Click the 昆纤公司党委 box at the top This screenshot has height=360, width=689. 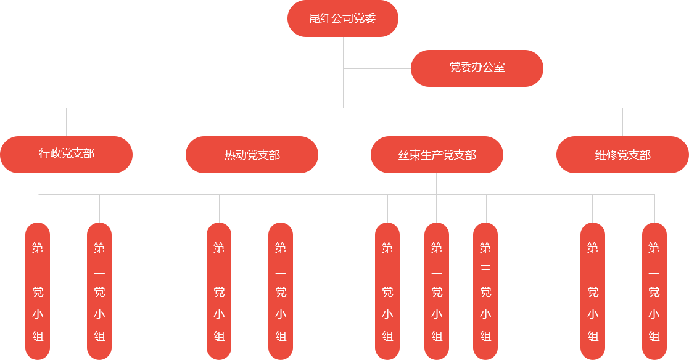point(342,18)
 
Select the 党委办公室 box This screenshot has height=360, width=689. point(477,68)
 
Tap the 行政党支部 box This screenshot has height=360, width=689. point(67,154)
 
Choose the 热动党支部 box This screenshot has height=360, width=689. point(252,154)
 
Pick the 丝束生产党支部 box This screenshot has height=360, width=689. point(437,154)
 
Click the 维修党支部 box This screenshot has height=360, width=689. point(622,154)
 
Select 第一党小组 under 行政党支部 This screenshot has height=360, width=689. point(38,290)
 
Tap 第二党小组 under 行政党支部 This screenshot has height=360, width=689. point(99,290)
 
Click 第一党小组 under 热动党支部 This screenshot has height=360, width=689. point(219,290)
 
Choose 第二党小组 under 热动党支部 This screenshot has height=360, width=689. point(281,290)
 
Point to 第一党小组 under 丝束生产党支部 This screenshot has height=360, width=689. point(387,290)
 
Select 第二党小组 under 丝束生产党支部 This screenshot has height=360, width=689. point(437,290)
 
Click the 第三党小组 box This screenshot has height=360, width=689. point(485,290)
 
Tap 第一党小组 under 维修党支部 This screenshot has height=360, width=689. point(593,290)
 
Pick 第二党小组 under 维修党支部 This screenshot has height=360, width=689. point(654,290)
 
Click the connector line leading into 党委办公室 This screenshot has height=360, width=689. point(376,68)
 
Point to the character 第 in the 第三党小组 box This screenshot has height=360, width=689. point(485,248)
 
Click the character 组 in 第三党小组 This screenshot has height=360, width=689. point(485,337)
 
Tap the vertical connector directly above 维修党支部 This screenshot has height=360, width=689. point(622,121)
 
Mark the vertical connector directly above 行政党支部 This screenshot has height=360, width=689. point(67,121)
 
